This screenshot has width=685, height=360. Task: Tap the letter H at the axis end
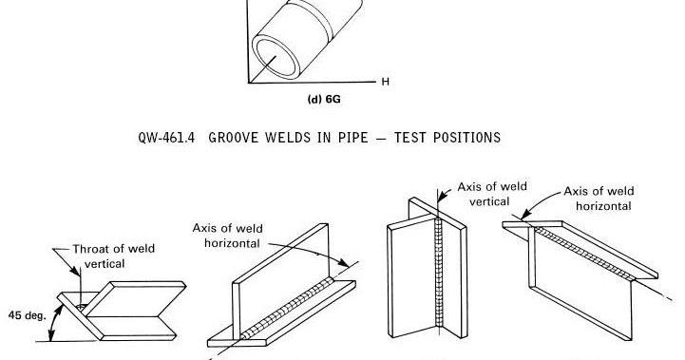tap(386, 82)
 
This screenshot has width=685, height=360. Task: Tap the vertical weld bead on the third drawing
tap(439, 275)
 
